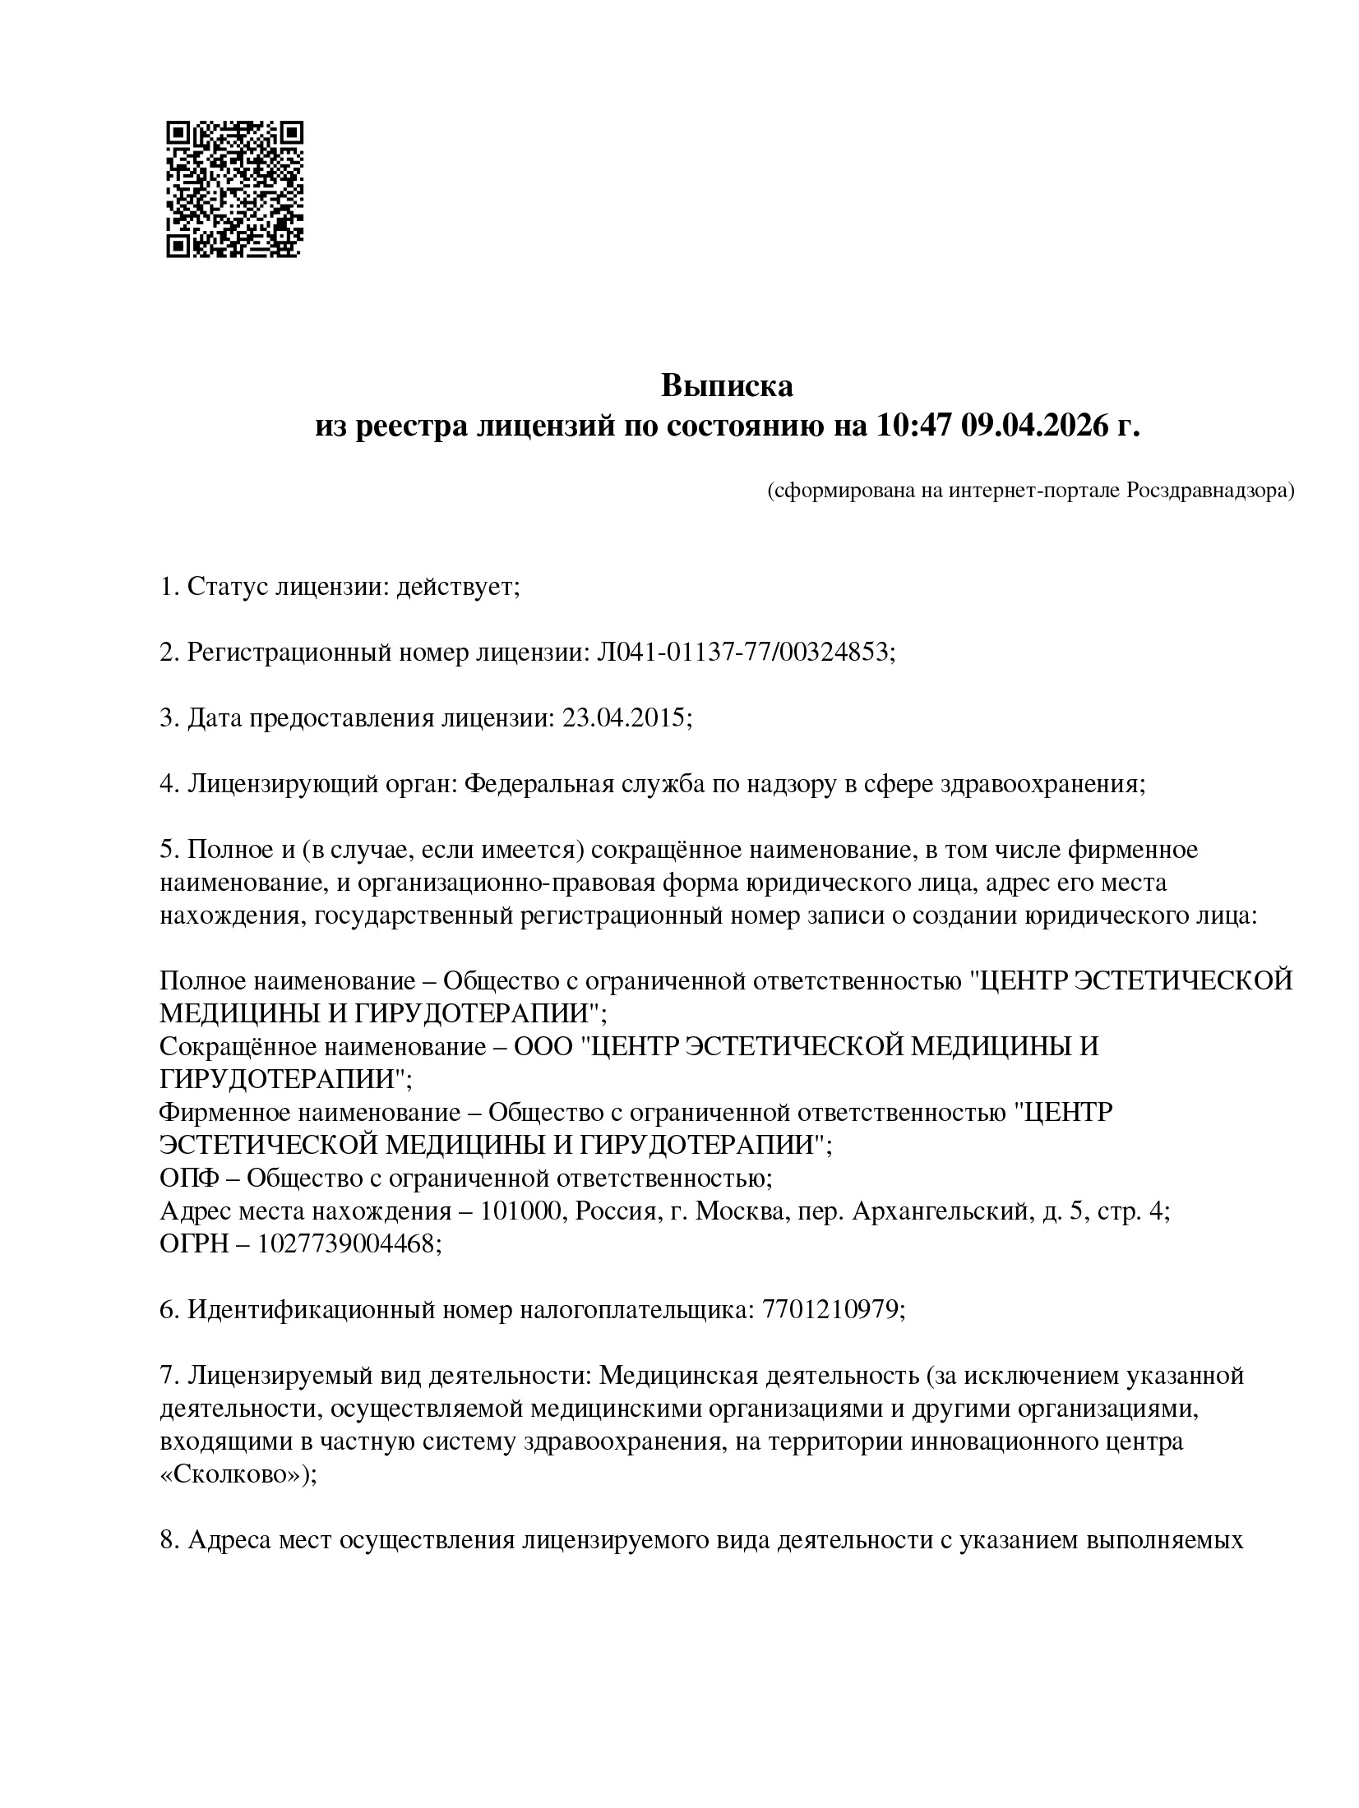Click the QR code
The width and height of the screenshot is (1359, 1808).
coord(234,190)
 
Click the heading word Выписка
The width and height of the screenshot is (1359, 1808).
coord(727,385)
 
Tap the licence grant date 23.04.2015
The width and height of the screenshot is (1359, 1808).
coord(623,718)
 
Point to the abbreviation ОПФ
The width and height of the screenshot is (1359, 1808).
coord(188,1178)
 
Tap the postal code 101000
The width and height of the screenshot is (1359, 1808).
coord(520,1211)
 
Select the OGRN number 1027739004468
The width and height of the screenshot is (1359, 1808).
coord(346,1244)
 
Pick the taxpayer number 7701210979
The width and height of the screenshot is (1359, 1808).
coord(832,1310)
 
